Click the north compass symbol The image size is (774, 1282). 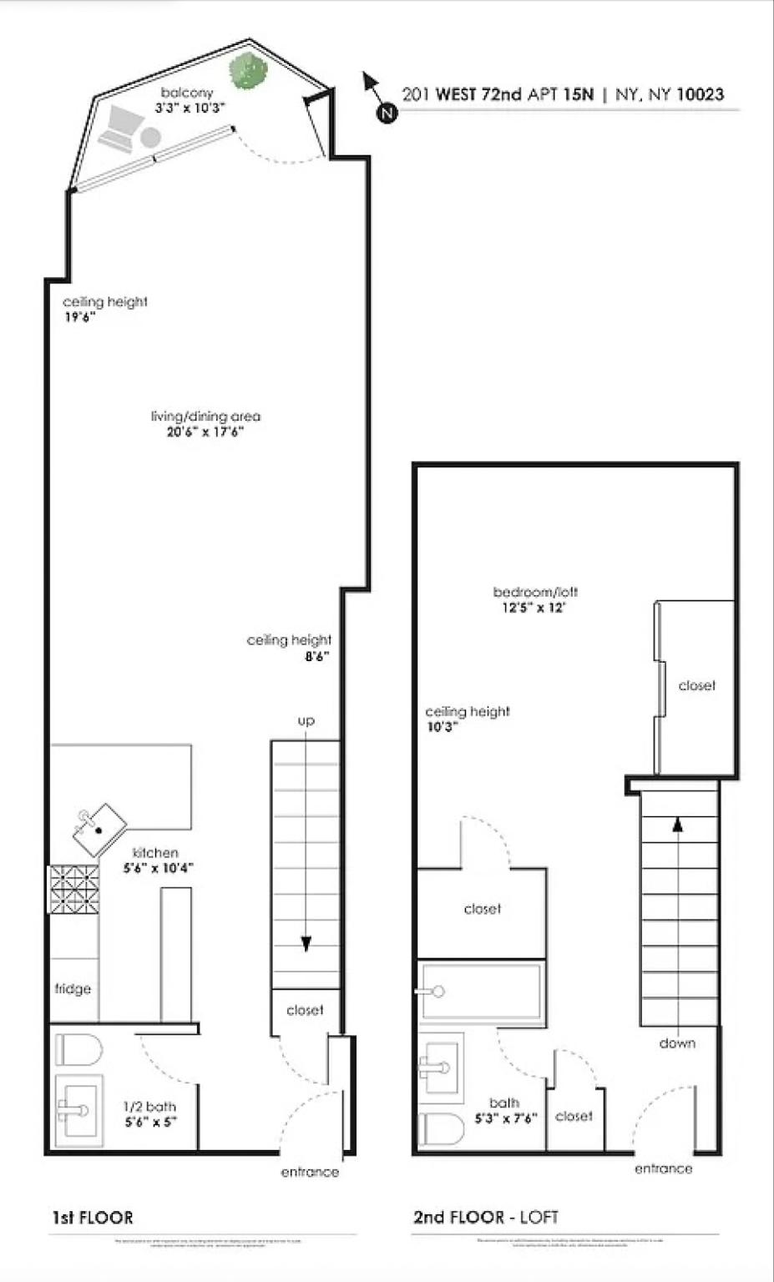pos(385,113)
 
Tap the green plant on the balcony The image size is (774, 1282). pos(247,71)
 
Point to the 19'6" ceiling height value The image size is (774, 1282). pos(81,317)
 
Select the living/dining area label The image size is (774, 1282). pos(205,416)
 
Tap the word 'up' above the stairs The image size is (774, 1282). pos(306,720)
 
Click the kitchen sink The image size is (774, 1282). pos(99,829)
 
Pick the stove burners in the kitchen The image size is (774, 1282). pos(73,889)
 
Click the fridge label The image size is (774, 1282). pos(73,989)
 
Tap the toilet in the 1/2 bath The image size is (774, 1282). pos(78,1050)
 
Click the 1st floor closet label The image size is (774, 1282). pos(305,1010)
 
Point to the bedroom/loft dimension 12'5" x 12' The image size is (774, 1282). pos(535,608)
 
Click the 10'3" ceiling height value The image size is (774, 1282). pos(443,727)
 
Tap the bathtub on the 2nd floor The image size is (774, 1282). pos(480,992)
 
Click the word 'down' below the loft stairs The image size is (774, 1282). pos(677,1043)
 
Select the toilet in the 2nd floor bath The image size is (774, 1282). pos(441,1130)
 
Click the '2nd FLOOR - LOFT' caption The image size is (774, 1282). pos(485,1218)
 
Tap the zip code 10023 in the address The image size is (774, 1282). pos(700,94)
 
